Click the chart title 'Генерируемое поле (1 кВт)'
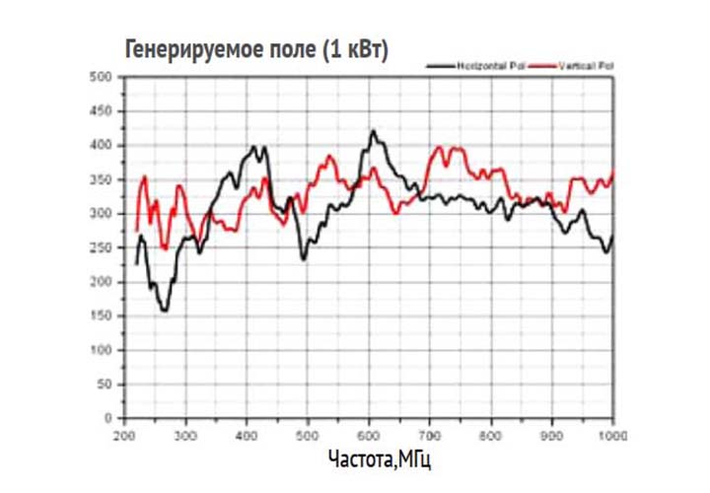256,48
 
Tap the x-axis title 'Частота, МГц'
379,459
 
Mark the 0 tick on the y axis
106,418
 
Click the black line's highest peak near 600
373,130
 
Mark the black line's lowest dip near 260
164,311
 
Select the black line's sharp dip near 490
304,258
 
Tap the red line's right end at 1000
613,174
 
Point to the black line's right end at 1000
613,237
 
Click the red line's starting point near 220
136,231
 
